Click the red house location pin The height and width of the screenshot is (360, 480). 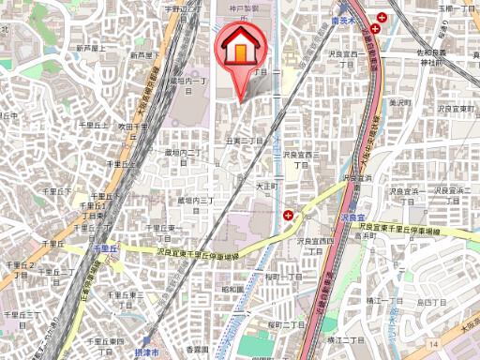tap(240, 49)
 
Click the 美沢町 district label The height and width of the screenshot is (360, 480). tap(400, 103)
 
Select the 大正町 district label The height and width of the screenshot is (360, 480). tap(268, 186)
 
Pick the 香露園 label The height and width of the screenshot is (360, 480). tap(195, 351)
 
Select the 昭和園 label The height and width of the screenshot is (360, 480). tap(231, 290)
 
